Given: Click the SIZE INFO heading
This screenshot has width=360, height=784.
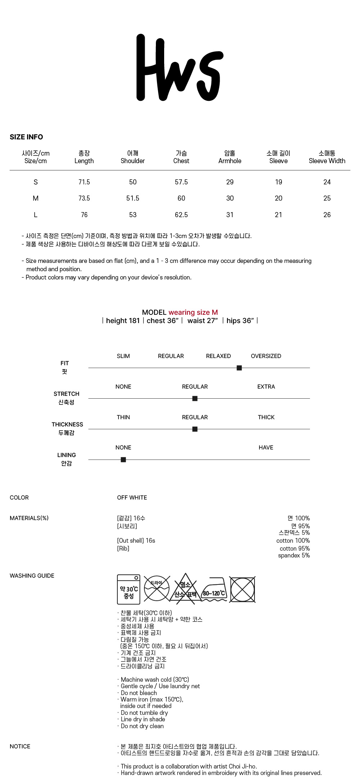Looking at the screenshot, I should (26, 137).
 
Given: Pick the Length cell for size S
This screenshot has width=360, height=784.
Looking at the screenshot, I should (84, 182).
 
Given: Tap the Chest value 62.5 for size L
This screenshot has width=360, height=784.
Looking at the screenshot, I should (181, 215).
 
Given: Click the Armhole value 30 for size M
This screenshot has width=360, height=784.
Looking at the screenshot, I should (230, 198).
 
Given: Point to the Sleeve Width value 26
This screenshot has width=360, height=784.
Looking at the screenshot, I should (327, 215).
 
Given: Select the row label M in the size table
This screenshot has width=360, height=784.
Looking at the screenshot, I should (36, 198).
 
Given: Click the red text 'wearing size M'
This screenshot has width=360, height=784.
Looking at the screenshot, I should (193, 312).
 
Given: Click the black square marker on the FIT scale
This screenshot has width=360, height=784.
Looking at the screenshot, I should (239, 368).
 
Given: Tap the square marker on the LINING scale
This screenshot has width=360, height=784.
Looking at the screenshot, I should (123, 460).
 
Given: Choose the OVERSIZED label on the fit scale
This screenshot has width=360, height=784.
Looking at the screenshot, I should (266, 356).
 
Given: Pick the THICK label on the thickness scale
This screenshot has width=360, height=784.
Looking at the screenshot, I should (266, 417).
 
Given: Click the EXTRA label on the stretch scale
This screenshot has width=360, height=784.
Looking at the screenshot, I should (266, 386).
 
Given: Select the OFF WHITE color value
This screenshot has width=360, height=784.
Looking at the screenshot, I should (132, 497).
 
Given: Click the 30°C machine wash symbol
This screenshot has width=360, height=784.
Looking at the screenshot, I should (129, 589).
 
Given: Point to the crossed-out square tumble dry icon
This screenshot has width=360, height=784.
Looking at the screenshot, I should (243, 590).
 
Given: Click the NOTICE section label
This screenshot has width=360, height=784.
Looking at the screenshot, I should (20, 746).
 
